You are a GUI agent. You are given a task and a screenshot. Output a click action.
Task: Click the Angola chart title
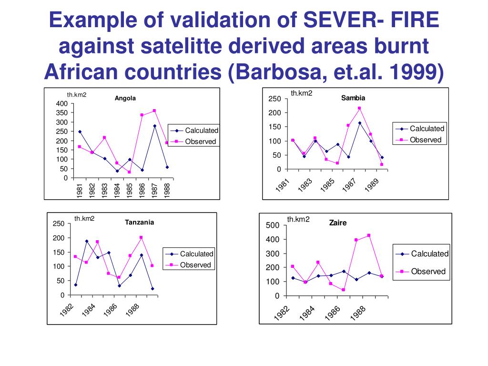pyautogui.click(x=125, y=99)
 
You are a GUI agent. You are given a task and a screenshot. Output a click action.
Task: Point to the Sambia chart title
pyautogui.click(x=353, y=98)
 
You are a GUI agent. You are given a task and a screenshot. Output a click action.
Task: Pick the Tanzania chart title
pyautogui.click(x=139, y=222)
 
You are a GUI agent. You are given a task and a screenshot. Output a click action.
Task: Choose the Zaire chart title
pyautogui.click(x=338, y=223)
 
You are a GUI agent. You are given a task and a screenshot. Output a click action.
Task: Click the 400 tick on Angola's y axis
pyautogui.click(x=62, y=104)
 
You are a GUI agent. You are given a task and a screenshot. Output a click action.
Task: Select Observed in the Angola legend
pyautogui.click(x=200, y=142)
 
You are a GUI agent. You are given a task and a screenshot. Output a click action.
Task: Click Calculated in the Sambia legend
pyautogui.click(x=427, y=129)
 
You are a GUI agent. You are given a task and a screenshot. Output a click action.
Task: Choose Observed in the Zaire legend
pyautogui.click(x=428, y=272)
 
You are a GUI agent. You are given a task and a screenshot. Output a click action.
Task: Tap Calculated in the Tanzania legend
pyautogui.click(x=196, y=254)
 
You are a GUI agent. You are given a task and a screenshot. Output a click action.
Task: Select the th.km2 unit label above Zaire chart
pyautogui.click(x=298, y=219)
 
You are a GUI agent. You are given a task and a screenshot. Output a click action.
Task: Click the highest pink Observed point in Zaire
pyautogui.click(x=369, y=235)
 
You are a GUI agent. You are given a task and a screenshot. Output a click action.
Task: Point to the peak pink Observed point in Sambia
pyautogui.click(x=359, y=108)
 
